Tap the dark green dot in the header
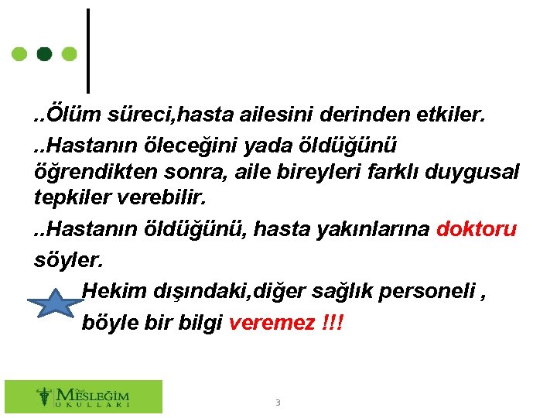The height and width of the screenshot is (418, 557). pos(45,54)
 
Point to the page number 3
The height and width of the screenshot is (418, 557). pos(278,403)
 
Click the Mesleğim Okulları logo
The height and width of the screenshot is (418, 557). pos(84,396)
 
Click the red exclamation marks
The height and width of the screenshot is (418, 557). pos(330,321)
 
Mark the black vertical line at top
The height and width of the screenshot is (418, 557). pos(87,50)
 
